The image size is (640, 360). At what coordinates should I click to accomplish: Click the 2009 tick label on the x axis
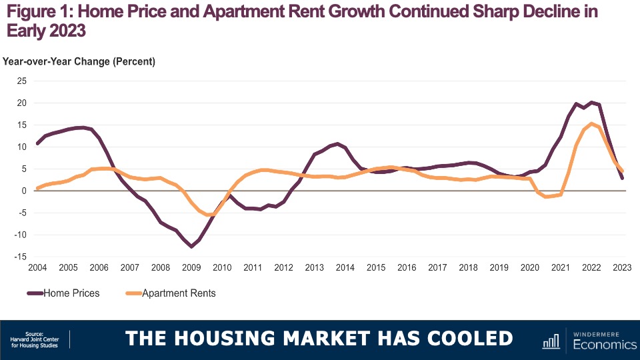(191, 268)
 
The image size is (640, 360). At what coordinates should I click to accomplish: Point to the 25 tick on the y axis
(22, 81)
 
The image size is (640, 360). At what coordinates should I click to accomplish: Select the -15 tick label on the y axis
(20, 257)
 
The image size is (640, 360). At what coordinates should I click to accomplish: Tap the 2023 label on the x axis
(622, 268)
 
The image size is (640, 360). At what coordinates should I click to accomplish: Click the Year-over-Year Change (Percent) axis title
(79, 62)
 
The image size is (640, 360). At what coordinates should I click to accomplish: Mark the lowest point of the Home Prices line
(192, 247)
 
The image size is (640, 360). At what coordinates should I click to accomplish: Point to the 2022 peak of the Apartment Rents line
(591, 123)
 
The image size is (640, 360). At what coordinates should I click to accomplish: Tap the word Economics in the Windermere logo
(604, 345)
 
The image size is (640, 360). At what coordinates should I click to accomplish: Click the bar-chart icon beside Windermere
(551, 341)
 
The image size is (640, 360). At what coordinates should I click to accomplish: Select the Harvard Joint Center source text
(39, 340)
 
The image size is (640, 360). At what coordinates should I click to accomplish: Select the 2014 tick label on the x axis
(345, 268)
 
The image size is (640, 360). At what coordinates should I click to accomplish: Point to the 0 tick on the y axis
(24, 191)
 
